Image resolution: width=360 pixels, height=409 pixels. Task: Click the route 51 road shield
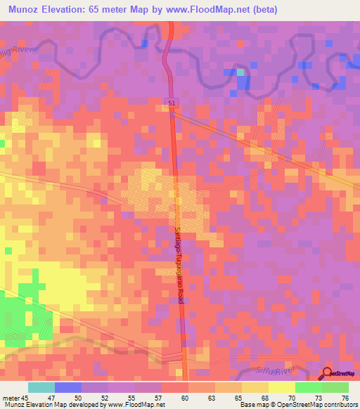point(172,103)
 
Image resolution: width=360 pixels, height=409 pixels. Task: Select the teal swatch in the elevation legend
point(41,387)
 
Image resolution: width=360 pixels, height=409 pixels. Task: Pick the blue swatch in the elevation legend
point(68,387)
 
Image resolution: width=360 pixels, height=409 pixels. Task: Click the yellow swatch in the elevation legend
point(282,387)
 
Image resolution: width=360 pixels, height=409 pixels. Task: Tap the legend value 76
point(345,397)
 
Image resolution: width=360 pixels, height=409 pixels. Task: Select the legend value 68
point(264,397)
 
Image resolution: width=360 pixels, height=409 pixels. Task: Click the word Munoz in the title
point(26,10)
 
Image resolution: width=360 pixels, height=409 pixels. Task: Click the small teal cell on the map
point(240,72)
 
